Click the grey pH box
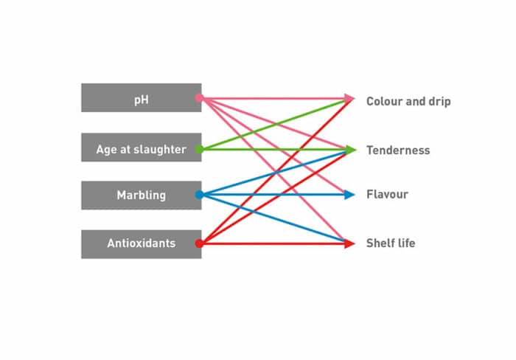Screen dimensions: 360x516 pyautogui.click(x=141, y=98)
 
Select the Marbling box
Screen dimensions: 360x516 pyautogui.click(x=141, y=195)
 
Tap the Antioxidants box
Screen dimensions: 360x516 pyautogui.click(x=141, y=243)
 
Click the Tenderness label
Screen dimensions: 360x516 pyautogui.click(x=398, y=150)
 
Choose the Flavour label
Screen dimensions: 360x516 pyautogui.click(x=387, y=195)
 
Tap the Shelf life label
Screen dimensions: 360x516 pyautogui.click(x=391, y=243)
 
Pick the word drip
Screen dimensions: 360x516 pyautogui.click(x=438, y=101)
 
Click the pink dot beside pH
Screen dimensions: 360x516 pyautogui.click(x=199, y=98)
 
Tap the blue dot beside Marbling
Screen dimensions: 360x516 pyautogui.click(x=199, y=195)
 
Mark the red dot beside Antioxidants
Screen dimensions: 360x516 pyautogui.click(x=199, y=243)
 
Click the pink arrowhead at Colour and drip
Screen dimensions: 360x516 pyautogui.click(x=349, y=98)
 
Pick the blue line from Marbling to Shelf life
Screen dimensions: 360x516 pyautogui.click(x=243, y=209)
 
